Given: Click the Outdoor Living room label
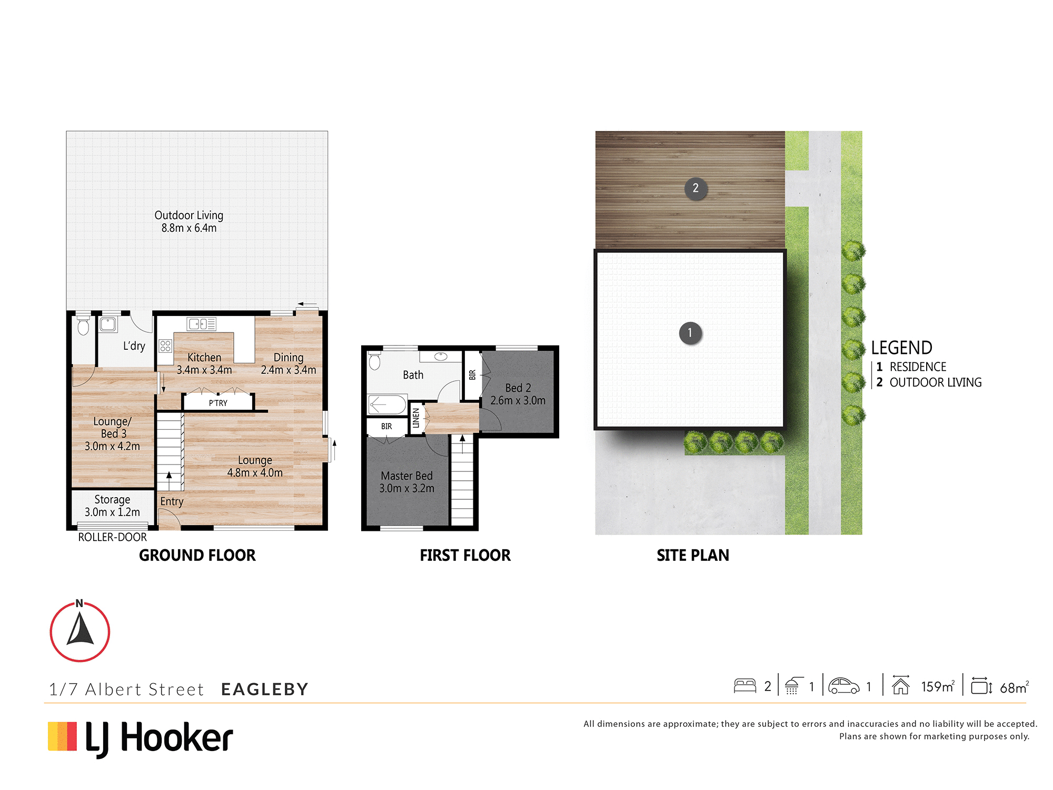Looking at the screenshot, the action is (188, 222).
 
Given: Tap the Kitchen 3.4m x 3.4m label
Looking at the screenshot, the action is (204, 363).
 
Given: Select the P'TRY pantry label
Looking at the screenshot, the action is (218, 403).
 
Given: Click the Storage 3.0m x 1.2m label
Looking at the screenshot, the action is (112, 506).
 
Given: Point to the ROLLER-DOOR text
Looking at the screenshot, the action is (112, 537).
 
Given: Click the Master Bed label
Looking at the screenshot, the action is (406, 482).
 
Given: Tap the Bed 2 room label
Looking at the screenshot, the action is (518, 394).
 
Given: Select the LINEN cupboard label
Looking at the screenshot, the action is (416, 418).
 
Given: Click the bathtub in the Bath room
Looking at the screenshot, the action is (387, 404).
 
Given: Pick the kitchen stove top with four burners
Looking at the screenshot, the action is (165, 346).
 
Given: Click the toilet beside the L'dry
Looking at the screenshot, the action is (83, 325).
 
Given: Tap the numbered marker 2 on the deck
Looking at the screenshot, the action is (696, 188).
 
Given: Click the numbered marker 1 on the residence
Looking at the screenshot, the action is (690, 333).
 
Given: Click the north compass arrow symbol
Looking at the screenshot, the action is (80, 631).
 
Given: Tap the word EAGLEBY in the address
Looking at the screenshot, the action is (265, 689).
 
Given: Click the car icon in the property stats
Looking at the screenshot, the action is (843, 686).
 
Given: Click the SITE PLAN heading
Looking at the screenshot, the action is (693, 555).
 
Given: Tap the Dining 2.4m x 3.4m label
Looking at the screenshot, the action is (289, 363).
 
